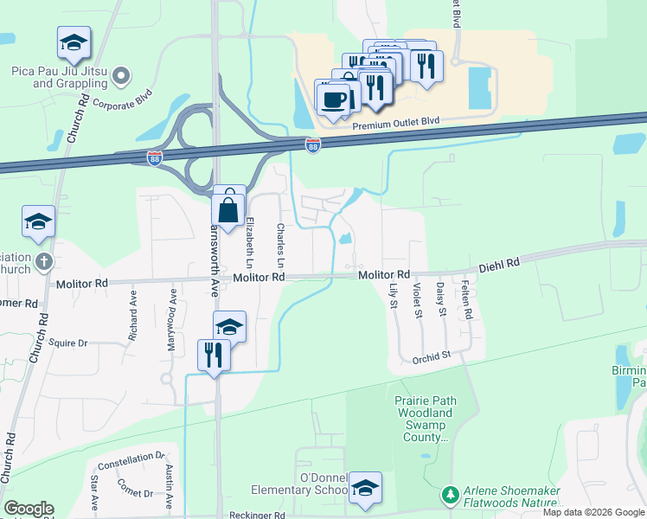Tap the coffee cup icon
tap(333, 99)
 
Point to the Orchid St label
tap(432, 356)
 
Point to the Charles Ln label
tap(279, 245)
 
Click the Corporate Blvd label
tap(122, 101)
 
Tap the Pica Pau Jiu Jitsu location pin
tap(121, 77)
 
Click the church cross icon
tap(45, 260)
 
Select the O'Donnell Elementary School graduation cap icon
tap(365, 489)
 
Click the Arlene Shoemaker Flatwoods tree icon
tap(449, 496)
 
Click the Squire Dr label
tap(68, 343)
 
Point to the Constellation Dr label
tap(131, 461)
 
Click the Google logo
tap(28, 509)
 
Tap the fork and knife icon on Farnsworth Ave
tap(214, 355)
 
